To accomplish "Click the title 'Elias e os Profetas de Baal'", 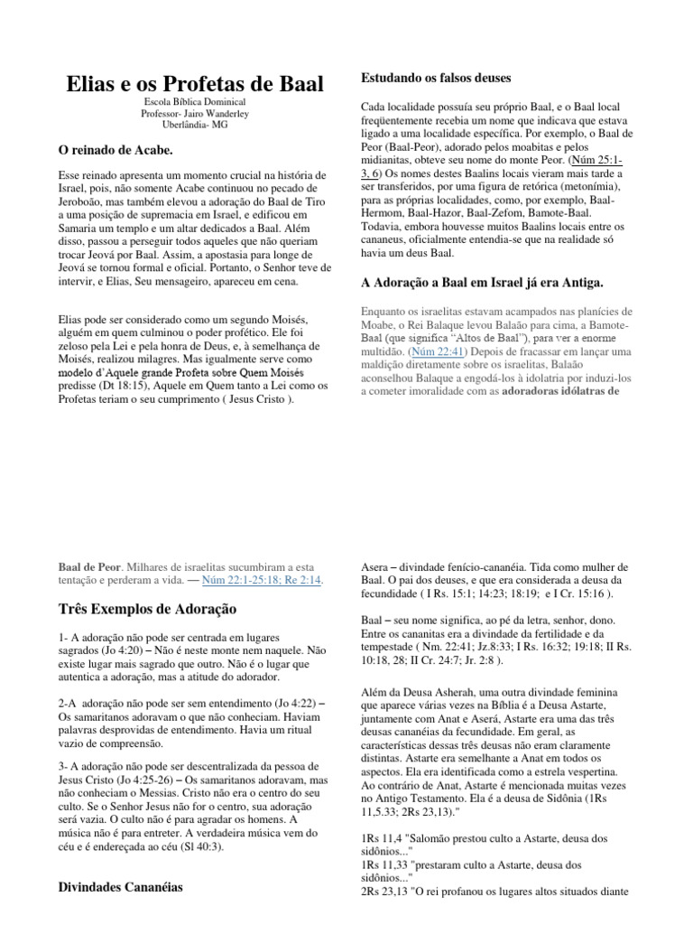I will pyautogui.click(x=195, y=84).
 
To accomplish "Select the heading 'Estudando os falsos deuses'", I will pyautogui.click(x=436, y=78).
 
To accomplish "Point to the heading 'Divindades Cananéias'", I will pyautogui.click(x=120, y=887).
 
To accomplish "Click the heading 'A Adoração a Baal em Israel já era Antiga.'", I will pyautogui.click(x=482, y=283).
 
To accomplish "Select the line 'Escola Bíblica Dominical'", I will pyautogui.click(x=195, y=102).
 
